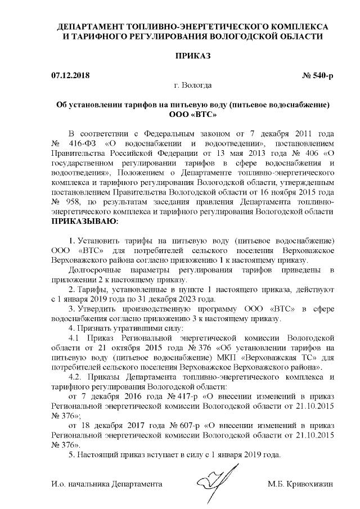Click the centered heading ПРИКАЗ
click(192, 57)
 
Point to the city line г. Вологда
click(193, 85)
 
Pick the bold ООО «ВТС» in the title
click(192, 114)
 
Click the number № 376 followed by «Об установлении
click(202, 349)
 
